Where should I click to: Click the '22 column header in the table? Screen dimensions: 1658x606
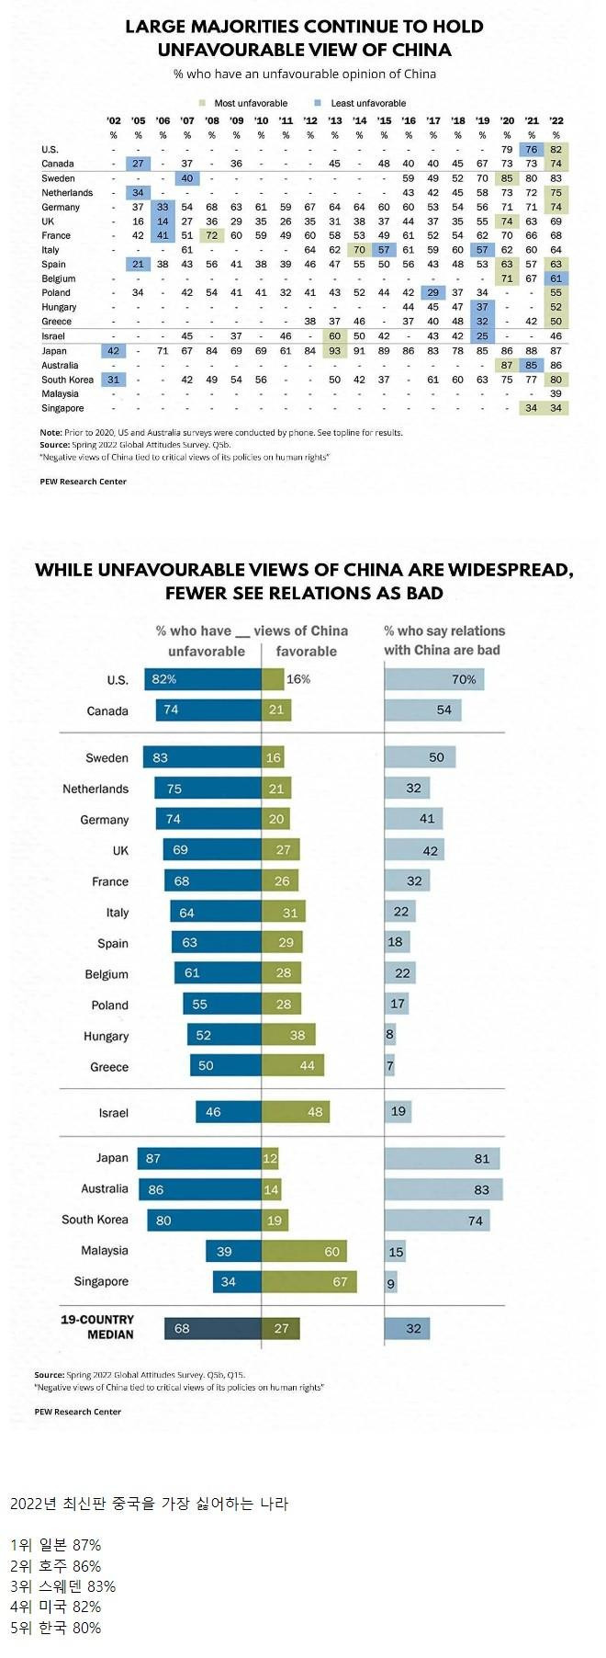coord(555,120)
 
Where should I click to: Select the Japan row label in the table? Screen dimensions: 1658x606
coord(54,351)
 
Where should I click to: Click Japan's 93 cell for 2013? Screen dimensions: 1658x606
coord(335,351)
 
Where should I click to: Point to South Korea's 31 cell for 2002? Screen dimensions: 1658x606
coord(114,380)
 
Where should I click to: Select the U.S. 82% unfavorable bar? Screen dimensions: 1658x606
coord(202,679)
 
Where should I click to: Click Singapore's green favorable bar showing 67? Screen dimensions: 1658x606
coord(309,1281)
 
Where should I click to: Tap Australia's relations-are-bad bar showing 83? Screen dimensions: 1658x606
coord(443,1189)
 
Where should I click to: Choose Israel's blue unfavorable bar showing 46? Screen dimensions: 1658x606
coord(228,1112)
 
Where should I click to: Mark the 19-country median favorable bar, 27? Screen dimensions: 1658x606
coord(280,1328)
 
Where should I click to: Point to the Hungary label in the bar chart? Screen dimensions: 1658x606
coord(106,1036)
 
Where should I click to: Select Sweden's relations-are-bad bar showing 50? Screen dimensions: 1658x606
coord(420,757)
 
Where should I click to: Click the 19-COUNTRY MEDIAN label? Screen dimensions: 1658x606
coord(97,1326)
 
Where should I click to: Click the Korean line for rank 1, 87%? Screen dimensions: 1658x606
coord(55,1545)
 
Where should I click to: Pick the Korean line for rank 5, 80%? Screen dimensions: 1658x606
coord(55,1628)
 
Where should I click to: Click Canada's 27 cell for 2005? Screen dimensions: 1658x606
coord(138,164)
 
